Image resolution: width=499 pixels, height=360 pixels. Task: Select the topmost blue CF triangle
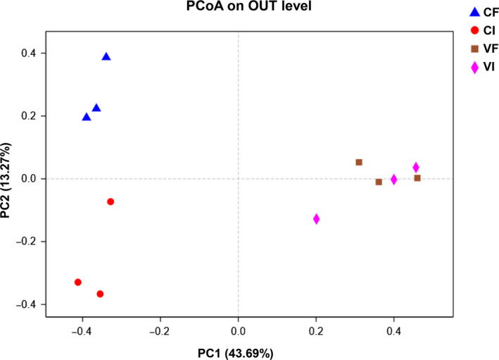coord(106,56)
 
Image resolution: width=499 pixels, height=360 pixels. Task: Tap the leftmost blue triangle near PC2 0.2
coord(87,116)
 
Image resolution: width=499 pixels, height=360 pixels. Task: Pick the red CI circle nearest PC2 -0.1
coord(110,201)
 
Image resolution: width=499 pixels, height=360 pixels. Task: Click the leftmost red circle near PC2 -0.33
coord(78,282)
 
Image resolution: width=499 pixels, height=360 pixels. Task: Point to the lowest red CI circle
coord(100,294)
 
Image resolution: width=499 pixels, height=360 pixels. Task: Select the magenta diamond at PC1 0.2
coord(316,218)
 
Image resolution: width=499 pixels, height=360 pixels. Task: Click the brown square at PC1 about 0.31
coord(359,162)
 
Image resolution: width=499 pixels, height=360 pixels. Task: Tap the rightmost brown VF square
coord(417,178)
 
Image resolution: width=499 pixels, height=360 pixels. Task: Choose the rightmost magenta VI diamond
coord(416,167)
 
